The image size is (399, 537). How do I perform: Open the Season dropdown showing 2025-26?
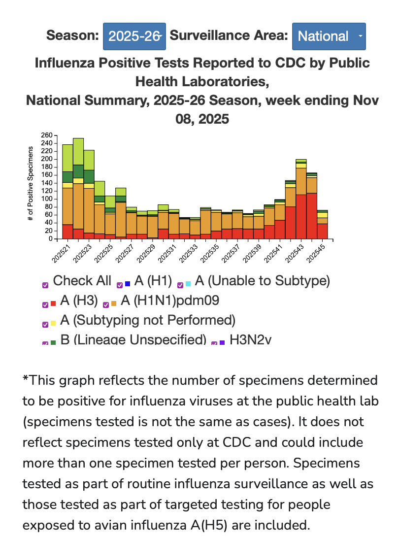point(134,36)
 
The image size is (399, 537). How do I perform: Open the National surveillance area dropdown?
point(329,36)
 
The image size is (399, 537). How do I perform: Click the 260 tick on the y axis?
point(47,135)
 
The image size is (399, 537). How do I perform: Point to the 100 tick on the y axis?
point(47,199)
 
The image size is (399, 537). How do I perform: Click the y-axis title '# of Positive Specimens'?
point(31,183)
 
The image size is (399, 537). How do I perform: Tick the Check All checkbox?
point(45,285)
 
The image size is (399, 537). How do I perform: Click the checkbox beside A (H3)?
point(45,304)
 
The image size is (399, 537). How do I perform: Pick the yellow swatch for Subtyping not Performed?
point(53,324)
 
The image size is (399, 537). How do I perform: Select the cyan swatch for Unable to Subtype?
point(189,284)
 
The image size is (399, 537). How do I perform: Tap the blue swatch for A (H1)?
point(128,284)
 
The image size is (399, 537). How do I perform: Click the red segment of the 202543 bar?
point(301,217)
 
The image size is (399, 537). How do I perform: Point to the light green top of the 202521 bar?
point(67,158)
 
